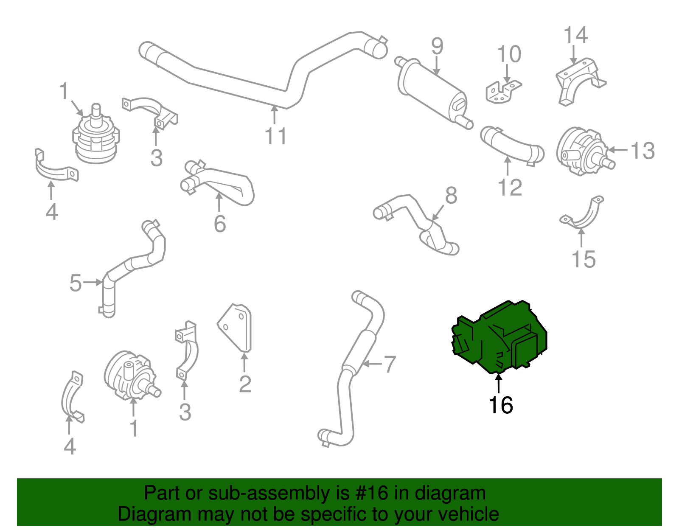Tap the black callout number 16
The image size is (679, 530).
pyautogui.click(x=501, y=405)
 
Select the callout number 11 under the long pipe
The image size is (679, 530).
pyautogui.click(x=276, y=136)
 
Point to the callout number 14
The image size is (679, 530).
pyautogui.click(x=575, y=35)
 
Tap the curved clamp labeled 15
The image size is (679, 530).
pyautogui.click(x=584, y=216)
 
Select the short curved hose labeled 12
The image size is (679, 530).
pyautogui.click(x=511, y=146)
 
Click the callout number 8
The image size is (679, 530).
pyautogui.click(x=451, y=196)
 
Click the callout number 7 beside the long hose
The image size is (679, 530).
pyautogui.click(x=390, y=364)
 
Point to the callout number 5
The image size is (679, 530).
pyautogui.click(x=75, y=283)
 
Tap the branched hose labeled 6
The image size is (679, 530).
pyautogui.click(x=221, y=185)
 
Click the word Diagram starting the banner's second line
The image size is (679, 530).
pyautogui.click(x=143, y=514)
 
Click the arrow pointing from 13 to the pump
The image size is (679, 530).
pyautogui.click(x=618, y=150)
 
